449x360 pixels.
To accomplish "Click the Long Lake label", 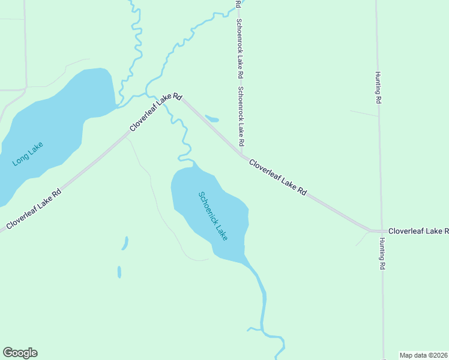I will click(28, 154).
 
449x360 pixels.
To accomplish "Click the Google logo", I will click(20, 353).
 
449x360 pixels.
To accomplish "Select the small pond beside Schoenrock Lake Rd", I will click(212, 118).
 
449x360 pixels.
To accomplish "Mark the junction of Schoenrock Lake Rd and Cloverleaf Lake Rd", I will click(242, 153).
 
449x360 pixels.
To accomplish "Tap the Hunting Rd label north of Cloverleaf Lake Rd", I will click(379, 88).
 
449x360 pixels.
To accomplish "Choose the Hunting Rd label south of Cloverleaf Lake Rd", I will click(381, 253).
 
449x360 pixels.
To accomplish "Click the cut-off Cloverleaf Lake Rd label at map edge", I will click(418, 230).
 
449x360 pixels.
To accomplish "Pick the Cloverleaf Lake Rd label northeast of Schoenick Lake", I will click(278, 177).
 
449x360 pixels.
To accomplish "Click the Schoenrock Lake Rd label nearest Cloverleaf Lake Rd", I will click(241, 117).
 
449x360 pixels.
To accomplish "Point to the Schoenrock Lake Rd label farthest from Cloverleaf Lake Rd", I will click(240, 49).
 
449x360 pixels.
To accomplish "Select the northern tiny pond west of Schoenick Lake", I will click(125, 243).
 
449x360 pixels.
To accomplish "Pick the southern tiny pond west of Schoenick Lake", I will click(119, 272).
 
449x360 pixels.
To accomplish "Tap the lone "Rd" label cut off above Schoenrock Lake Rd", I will click(239, 4).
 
